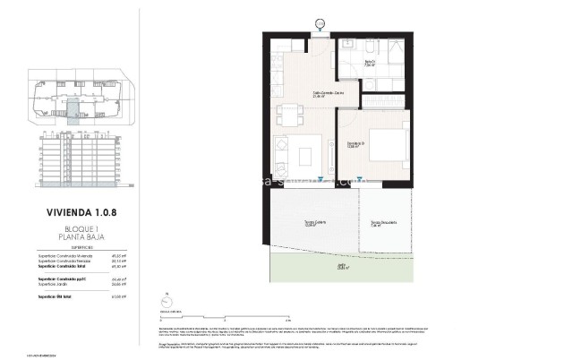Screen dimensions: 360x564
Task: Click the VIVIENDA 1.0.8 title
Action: [x=83, y=214]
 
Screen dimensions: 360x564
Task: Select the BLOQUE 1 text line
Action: [x=83, y=229]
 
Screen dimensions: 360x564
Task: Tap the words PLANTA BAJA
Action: [x=83, y=237]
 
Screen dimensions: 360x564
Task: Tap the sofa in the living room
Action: [x=280, y=154]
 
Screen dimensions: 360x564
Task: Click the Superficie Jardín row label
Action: [x=69, y=283]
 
